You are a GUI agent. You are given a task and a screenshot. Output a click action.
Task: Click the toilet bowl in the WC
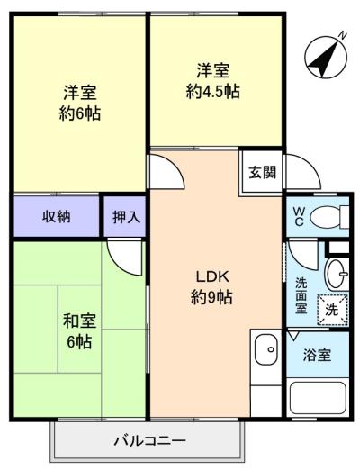click(326, 217)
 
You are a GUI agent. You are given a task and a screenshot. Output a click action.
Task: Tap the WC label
click(299, 217)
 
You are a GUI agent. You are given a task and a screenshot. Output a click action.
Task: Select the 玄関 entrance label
click(263, 172)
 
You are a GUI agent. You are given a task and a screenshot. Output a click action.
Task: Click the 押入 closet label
click(126, 217)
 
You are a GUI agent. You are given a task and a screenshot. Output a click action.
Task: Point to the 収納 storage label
click(57, 216)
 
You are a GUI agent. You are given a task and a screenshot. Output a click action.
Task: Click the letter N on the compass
click(342, 35)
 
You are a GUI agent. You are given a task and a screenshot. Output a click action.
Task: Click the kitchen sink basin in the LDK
click(266, 349)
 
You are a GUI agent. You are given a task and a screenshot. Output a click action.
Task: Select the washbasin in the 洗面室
click(337, 275)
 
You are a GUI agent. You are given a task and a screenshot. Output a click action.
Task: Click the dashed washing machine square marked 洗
click(332, 310)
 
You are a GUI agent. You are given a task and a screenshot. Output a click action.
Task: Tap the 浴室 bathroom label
click(317, 355)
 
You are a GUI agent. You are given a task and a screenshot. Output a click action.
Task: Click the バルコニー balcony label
click(150, 441)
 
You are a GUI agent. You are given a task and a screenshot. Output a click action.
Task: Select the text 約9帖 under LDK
click(211, 297)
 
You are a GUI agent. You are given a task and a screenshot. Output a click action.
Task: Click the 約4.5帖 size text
click(213, 91)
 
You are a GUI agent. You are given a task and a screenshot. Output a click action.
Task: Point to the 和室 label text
click(79, 321)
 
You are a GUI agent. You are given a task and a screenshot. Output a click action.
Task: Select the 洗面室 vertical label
click(301, 295)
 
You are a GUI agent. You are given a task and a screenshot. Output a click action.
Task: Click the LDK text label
click(212, 276)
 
